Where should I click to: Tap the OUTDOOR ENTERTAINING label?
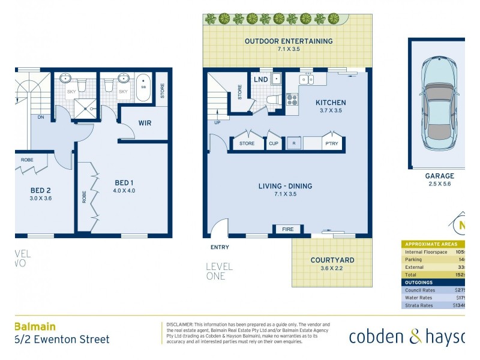pos(289,41)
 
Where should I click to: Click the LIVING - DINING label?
pos(285,186)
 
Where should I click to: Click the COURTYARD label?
pos(332,260)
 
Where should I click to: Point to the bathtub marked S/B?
pos(143,88)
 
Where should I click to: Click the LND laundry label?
pos(260,79)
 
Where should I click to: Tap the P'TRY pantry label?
pos(331,143)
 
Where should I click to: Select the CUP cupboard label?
pos(274,143)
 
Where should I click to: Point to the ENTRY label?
pos(220,247)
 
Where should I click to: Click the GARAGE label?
pos(440,176)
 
